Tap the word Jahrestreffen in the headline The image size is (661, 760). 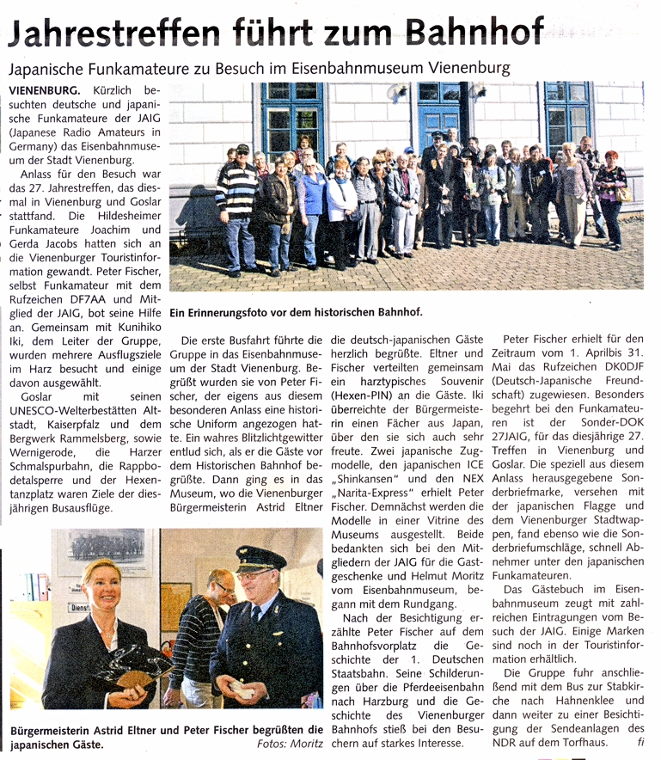[x=114, y=34]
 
